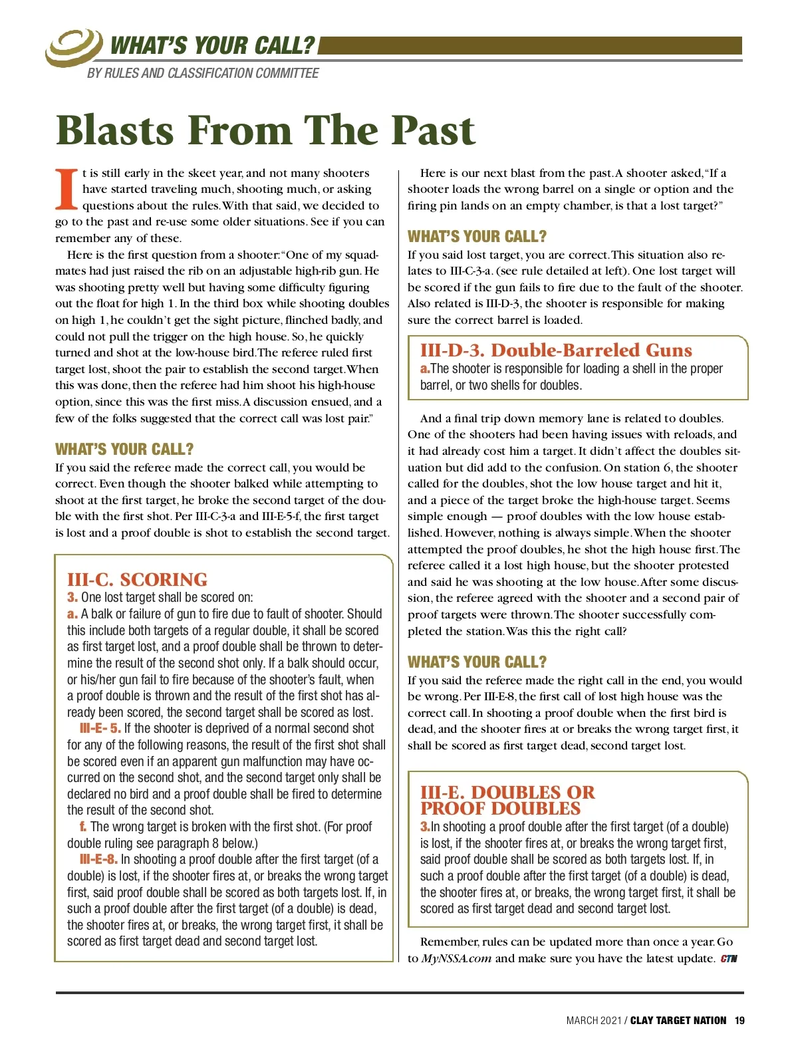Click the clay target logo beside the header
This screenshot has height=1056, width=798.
coord(73,47)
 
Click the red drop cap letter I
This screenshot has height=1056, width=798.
coord(66,190)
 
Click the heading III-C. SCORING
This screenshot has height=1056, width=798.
coord(137,579)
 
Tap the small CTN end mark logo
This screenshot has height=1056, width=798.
coord(729,958)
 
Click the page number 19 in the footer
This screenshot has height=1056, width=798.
coord(739,1021)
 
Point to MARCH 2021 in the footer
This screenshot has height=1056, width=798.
coord(593,1021)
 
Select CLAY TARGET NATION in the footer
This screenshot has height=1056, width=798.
coord(678,1021)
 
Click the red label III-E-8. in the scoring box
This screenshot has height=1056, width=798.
coord(98,859)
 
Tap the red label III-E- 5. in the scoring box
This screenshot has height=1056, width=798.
coord(100,728)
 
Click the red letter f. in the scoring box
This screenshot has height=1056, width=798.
coord(83,827)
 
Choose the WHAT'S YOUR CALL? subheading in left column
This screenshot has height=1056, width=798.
coord(124,449)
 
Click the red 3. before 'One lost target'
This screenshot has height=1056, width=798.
coord(72,597)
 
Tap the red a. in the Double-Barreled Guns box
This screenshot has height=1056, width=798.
coord(425,368)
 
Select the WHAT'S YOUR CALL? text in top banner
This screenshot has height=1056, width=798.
coord(212,45)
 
